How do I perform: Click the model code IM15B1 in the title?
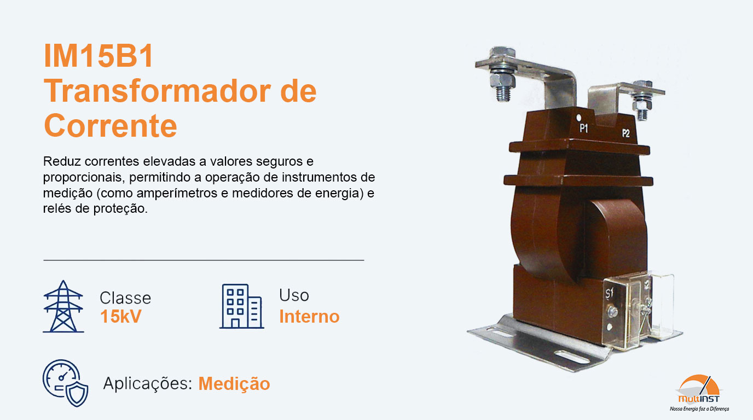point(99,57)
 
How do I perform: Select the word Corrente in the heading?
point(111,126)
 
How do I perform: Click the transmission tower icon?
point(63,306)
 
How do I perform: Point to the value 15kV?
point(120,317)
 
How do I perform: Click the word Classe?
point(125,298)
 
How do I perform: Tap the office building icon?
point(241,306)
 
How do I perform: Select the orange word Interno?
point(309,317)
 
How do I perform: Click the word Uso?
point(294,295)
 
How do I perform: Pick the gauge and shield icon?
point(65,382)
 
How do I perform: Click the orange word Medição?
point(234,384)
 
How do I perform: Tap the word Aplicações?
point(147,384)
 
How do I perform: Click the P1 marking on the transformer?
point(584,129)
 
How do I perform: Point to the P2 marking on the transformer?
point(625,133)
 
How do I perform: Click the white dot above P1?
point(580,117)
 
